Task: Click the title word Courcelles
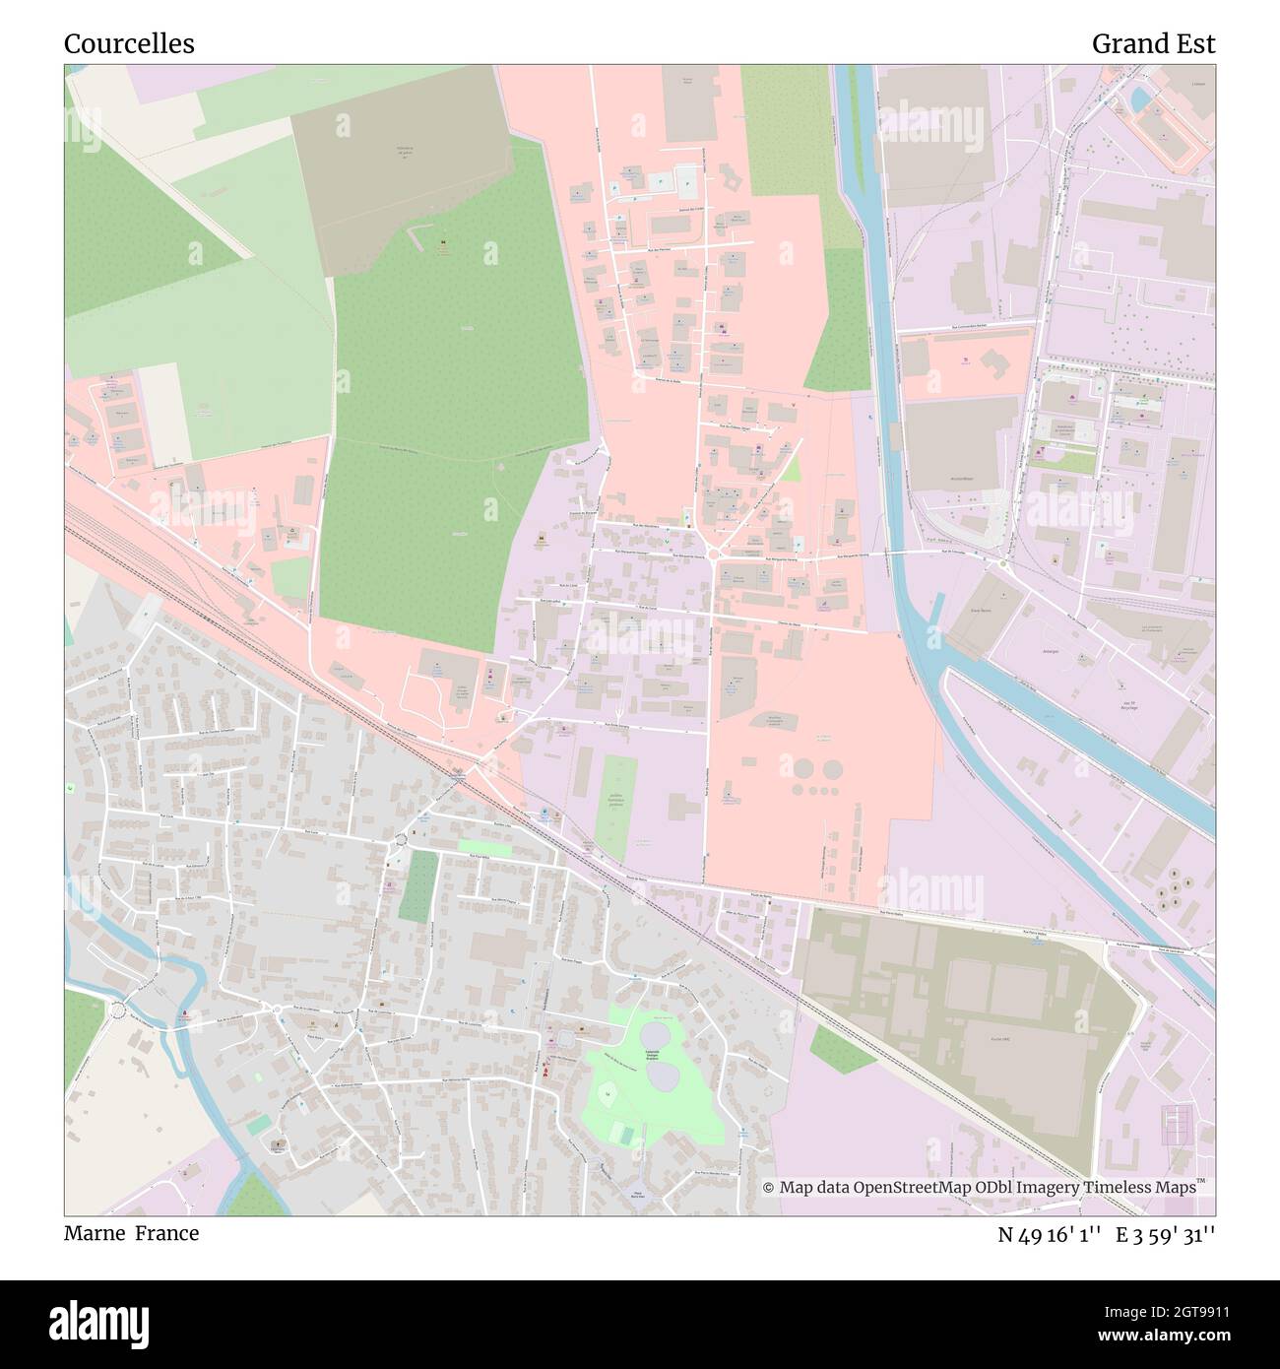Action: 129,44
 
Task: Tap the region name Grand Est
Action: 1153,44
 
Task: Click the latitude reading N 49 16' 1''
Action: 1050,1234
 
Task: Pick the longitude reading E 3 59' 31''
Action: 1166,1234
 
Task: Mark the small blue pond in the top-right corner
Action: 1139,98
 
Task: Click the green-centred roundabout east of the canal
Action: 1003,563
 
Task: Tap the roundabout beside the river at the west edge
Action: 120,1010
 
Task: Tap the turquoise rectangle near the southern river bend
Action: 258,1124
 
